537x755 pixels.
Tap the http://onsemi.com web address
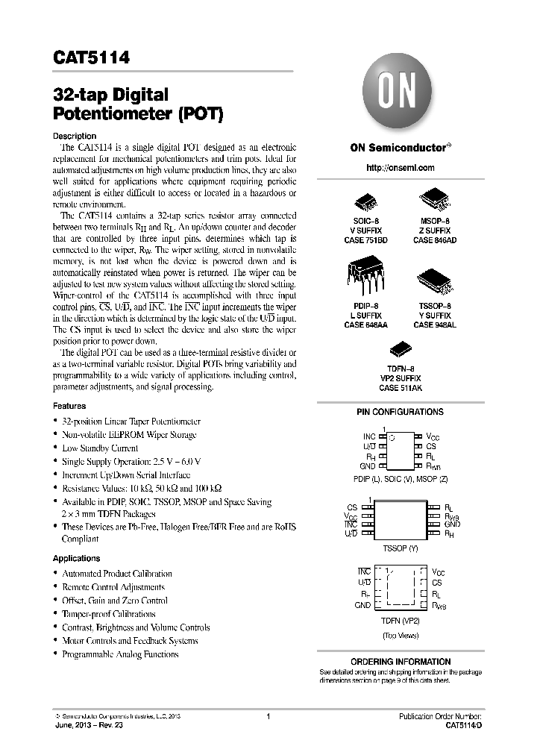pos(400,168)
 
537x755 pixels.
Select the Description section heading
pos(75,136)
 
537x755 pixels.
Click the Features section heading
pos(69,406)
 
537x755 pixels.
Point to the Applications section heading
pos(76,558)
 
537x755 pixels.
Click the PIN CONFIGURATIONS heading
pos(400,412)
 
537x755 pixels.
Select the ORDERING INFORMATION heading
pos(401,662)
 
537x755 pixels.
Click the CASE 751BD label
pos(365,240)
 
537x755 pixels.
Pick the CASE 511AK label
pos(400,388)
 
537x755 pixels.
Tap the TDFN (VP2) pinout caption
pos(399,620)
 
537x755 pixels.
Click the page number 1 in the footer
pos(267,716)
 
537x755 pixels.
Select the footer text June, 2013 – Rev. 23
pos(89,724)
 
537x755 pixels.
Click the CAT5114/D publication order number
pos(463,724)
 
